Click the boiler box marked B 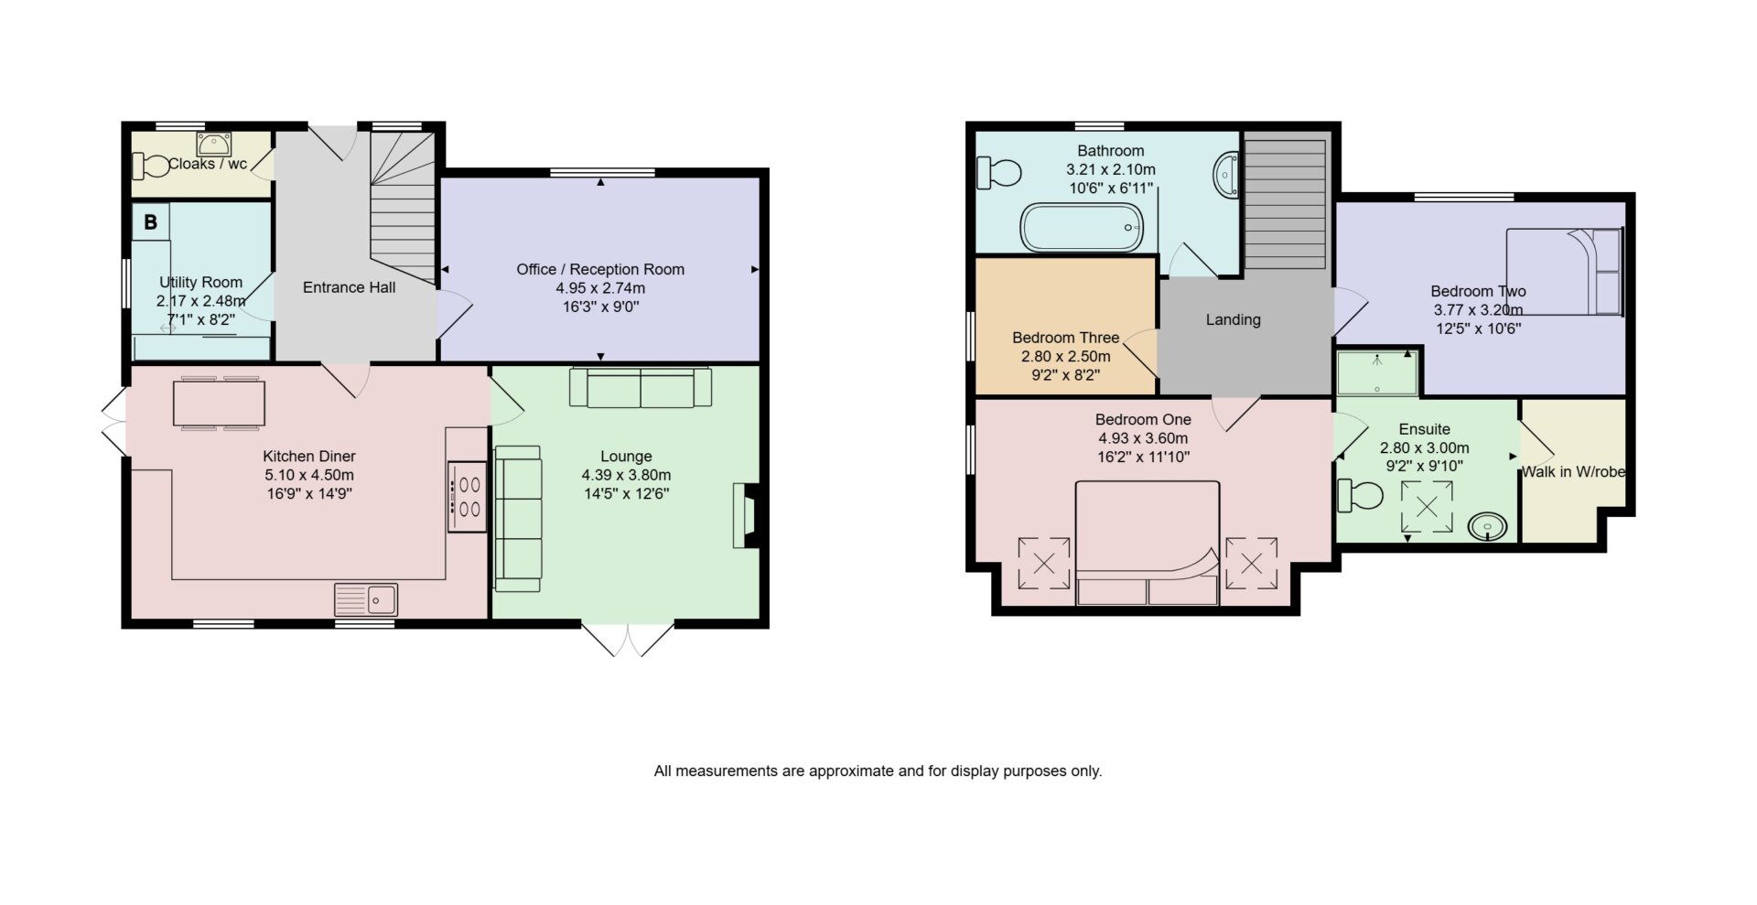pyautogui.click(x=151, y=221)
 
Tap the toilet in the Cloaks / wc pyautogui.click(x=152, y=167)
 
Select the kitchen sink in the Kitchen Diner pyautogui.click(x=366, y=599)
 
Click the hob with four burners pyautogui.click(x=467, y=497)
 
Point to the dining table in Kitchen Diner pyautogui.click(x=219, y=403)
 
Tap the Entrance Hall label pyautogui.click(x=350, y=287)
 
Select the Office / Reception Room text pyautogui.click(x=600, y=269)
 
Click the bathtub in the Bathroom pyautogui.click(x=1082, y=227)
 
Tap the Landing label pyautogui.click(x=1233, y=319)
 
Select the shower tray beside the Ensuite pyautogui.click(x=1377, y=373)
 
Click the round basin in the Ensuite pyautogui.click(x=1488, y=527)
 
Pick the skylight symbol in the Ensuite pyautogui.click(x=1427, y=506)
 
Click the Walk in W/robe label pyautogui.click(x=1573, y=472)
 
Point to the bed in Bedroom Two pyautogui.click(x=1564, y=272)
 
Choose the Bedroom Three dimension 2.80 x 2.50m pyautogui.click(x=1066, y=356)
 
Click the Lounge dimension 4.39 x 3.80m pyautogui.click(x=626, y=475)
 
